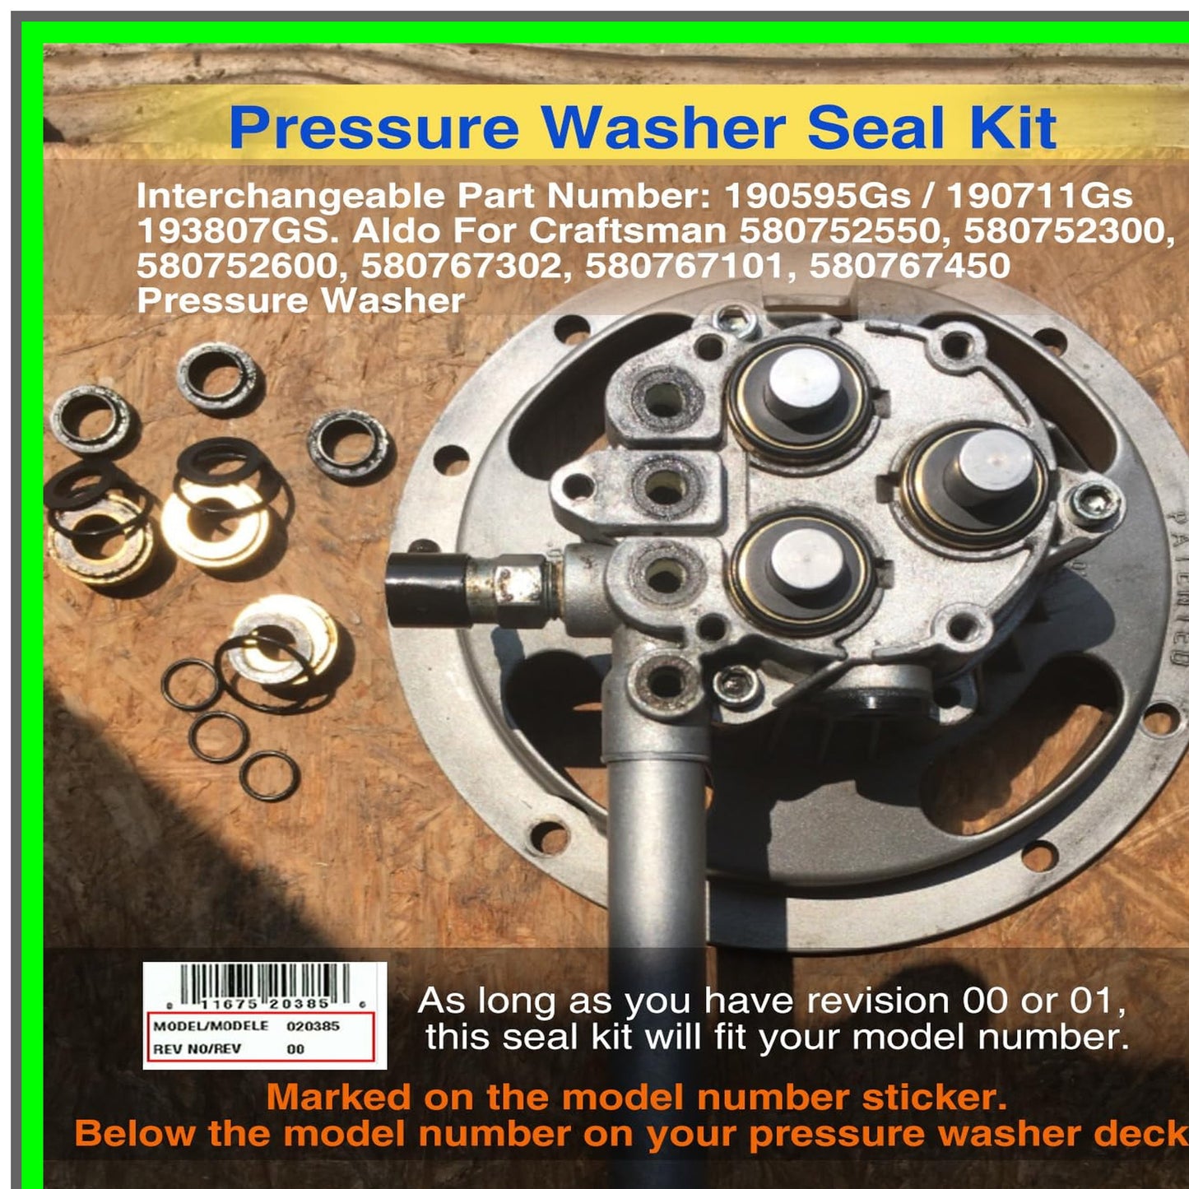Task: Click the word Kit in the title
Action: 1013,128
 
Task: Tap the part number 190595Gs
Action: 817,197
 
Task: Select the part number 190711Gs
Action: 1039,197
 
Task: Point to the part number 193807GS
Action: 238,231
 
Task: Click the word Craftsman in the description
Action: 627,231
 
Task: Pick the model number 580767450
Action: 909,266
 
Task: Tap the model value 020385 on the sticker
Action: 313,1026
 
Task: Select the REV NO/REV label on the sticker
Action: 197,1049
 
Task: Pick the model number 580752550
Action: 839,231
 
